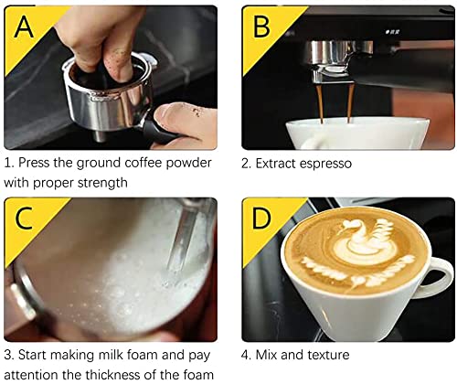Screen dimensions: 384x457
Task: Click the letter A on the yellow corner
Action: point(21,28)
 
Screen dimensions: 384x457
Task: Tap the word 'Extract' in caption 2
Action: point(274,163)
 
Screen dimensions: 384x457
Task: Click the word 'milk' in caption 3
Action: point(112,355)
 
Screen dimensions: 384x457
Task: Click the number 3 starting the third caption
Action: point(8,355)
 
